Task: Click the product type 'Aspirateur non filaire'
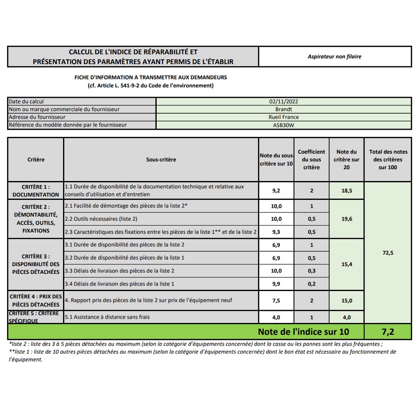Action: [334, 57]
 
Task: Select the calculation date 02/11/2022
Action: [284, 102]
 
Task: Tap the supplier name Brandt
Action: [284, 109]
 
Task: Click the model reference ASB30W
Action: [284, 125]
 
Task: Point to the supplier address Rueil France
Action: [284, 117]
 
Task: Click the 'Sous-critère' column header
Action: [161, 160]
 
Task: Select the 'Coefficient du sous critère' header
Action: [311, 160]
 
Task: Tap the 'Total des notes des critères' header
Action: [388, 160]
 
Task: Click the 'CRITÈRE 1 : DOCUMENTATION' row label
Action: [36, 190]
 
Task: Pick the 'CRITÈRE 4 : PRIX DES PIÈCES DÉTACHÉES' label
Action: [36, 300]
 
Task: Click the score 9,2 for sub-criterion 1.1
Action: [276, 191]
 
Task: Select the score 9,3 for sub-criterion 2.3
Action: [276, 232]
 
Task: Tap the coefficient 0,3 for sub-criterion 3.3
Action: [311, 271]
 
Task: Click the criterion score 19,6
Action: [346, 219]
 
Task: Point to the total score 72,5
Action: [388, 253]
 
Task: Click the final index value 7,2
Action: [388, 332]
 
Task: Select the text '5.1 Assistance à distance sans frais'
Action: [108, 317]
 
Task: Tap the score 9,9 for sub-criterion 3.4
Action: [276, 284]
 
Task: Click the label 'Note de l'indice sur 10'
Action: [303, 332]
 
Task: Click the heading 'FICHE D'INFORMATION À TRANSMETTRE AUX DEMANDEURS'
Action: [150, 78]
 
